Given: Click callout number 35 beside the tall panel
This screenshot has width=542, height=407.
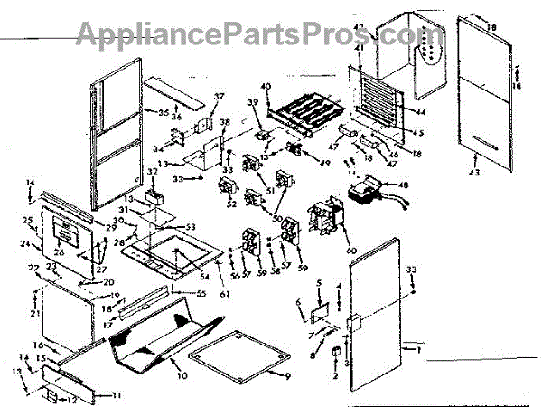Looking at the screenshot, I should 164,112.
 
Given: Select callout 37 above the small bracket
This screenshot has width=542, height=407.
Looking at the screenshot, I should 218,97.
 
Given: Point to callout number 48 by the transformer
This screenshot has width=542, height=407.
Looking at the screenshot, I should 403,185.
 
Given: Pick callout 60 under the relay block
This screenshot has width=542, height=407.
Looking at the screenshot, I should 350,251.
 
